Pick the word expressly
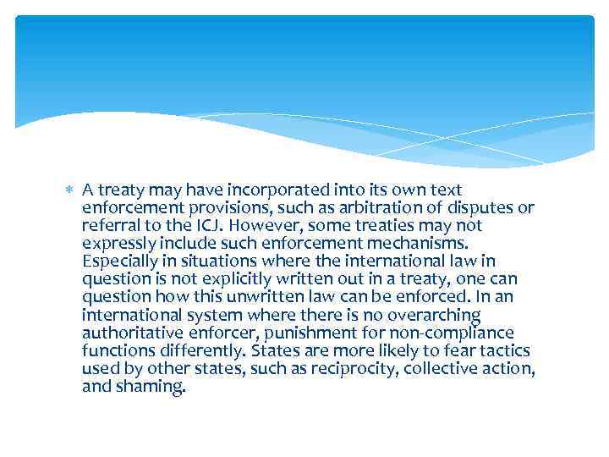[117, 244]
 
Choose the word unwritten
[277, 297]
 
